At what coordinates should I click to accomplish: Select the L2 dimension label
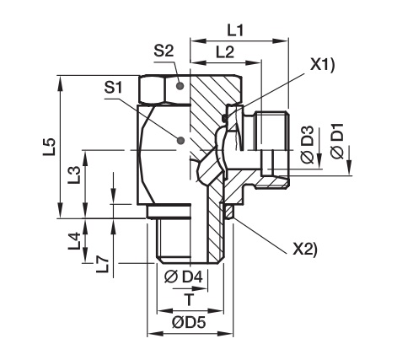coord(225,51)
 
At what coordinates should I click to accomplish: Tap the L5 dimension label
coord(50,147)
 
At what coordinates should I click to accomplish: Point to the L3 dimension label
coord(74,175)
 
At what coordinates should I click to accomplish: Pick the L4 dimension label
coord(74,241)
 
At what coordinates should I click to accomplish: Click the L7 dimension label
coord(102,265)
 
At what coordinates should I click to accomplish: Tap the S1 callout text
coord(114,89)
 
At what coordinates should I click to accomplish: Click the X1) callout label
coord(322,67)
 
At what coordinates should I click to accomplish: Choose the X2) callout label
coord(305,250)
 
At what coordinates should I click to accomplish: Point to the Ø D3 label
coord(308,145)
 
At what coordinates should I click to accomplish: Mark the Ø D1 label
coord(337,141)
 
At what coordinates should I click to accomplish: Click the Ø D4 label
coord(183,277)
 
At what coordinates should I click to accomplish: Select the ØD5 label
coord(189,322)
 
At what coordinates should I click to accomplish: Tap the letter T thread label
coord(190,299)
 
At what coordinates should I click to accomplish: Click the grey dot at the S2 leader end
coord(180,86)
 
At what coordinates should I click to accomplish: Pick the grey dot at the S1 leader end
coord(180,140)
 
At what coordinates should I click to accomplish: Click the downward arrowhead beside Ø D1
coord(350,167)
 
